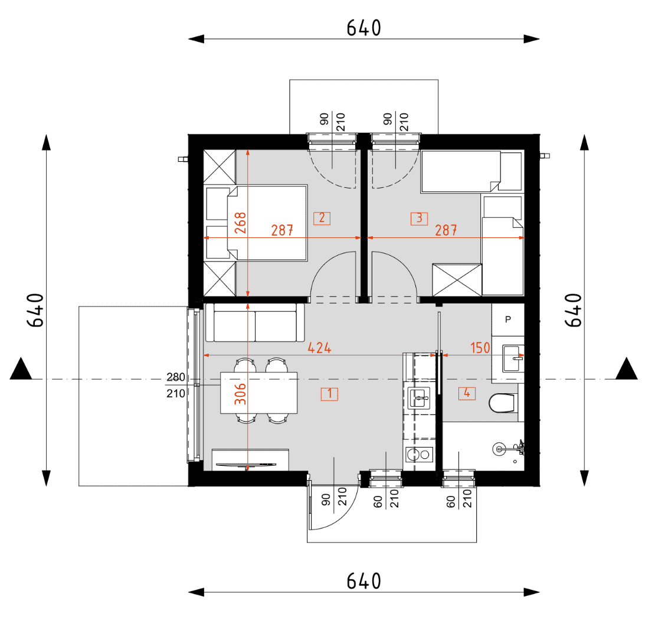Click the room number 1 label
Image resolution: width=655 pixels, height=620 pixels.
329,394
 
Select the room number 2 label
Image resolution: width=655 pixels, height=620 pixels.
322,218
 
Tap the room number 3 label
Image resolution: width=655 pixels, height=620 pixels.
419,218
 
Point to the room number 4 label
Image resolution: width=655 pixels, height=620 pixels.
467,393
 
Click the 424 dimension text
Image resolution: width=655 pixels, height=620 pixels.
320,348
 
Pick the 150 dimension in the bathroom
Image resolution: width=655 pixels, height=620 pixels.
480,348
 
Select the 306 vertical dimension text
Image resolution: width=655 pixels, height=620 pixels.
240,394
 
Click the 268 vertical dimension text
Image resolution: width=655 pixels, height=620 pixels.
240,223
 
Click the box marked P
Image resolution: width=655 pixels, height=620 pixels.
508,320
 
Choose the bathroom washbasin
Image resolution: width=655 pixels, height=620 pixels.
513,358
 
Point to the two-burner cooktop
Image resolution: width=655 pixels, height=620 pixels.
419,455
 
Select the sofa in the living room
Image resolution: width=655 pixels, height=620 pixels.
255,322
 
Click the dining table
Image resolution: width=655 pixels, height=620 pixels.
259,393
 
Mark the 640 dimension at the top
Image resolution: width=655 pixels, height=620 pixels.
364,28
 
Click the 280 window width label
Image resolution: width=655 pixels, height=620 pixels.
176,377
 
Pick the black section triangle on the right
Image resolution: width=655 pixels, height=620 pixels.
627,368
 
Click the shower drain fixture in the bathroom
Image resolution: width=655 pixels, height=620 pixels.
499,449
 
